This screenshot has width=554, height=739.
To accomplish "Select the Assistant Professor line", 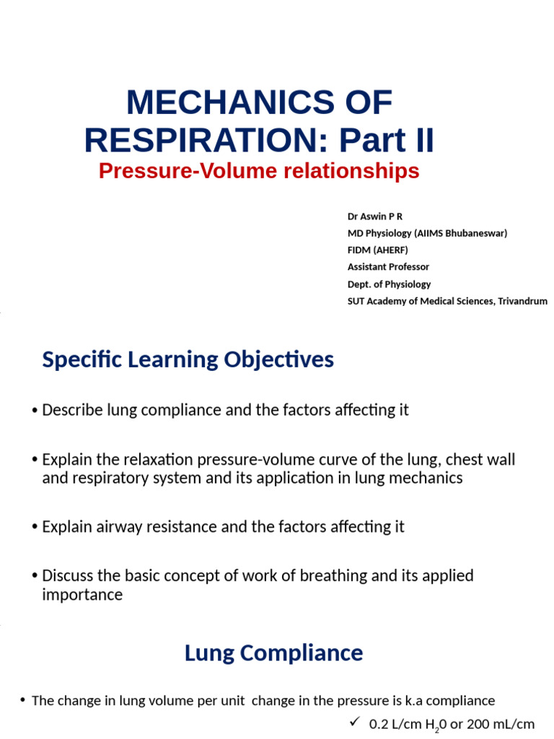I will (388, 267).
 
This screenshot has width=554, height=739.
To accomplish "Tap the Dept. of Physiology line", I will (389, 284).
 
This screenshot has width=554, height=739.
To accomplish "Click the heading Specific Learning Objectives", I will (188, 359).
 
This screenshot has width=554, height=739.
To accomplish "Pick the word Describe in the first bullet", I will (72, 411).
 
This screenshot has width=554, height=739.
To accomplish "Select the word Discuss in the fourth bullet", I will (67, 576).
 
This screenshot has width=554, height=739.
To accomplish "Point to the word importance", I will (82, 595).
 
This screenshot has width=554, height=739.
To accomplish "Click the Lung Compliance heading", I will (273, 653).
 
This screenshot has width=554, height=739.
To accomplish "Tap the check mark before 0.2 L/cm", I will (354, 722).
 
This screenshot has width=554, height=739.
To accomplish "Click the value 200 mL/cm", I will (501, 724).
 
